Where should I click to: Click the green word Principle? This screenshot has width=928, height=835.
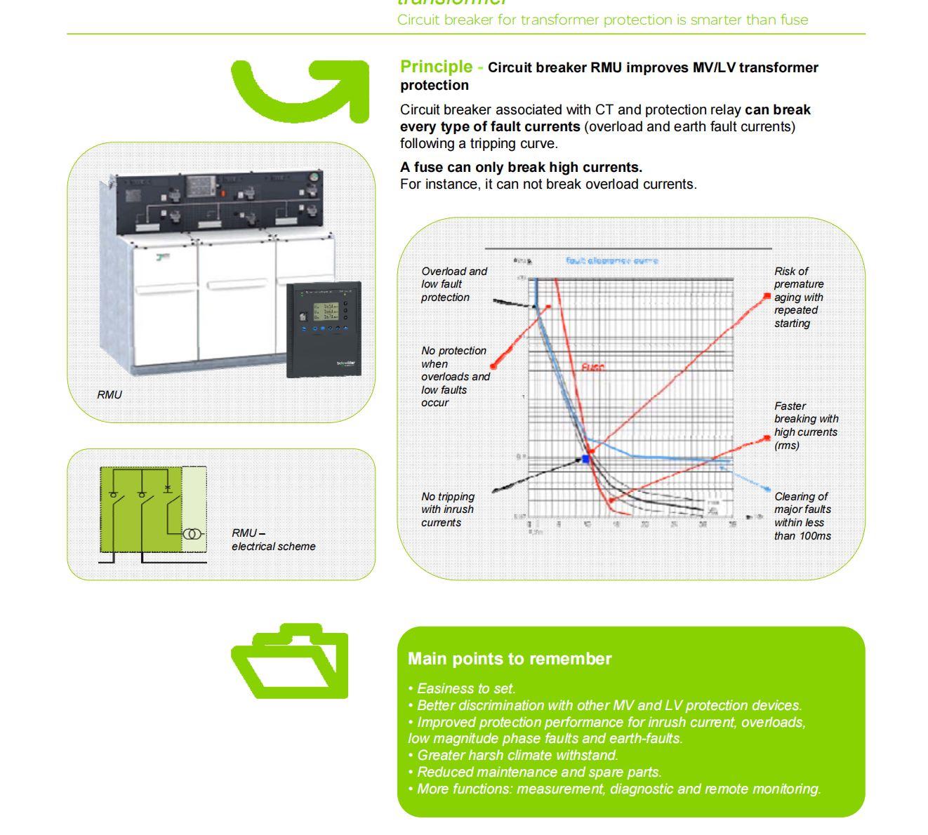point(436,67)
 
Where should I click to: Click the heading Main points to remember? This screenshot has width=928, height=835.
point(510,659)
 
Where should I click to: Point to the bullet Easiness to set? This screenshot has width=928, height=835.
point(465,688)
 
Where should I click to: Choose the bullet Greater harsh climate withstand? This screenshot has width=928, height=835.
point(517,755)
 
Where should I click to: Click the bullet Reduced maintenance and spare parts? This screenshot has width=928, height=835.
point(538,772)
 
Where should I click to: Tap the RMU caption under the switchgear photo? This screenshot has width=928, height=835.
point(110,395)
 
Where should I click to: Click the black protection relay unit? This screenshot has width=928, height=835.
point(324,328)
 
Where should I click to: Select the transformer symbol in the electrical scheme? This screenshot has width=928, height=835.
point(192,534)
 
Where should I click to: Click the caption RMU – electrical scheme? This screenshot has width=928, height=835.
point(273,540)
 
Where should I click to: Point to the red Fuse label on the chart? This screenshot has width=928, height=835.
point(592,367)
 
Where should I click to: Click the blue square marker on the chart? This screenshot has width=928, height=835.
point(586,459)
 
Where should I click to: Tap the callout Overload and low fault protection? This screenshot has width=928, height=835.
point(453,284)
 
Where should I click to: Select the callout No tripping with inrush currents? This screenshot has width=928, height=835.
point(448,509)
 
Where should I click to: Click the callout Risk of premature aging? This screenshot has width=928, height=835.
point(799,297)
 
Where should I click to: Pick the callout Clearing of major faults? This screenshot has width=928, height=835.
point(802,516)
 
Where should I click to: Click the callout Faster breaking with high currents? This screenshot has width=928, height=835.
point(806,425)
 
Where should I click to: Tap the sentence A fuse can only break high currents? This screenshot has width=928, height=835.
point(521,167)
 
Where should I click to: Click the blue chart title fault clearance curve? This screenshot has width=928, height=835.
point(612,261)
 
